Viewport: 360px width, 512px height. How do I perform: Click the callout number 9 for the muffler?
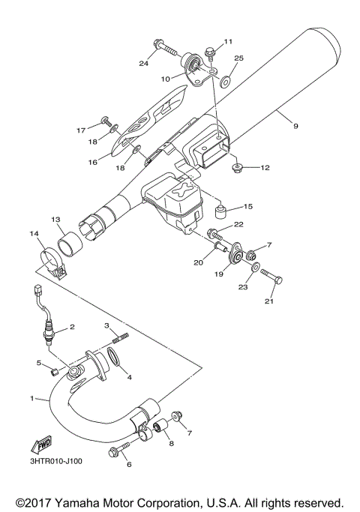tap(295, 127)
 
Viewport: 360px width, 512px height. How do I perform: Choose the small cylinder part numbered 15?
tap(223, 207)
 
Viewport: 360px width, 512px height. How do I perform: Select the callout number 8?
tap(172, 445)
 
